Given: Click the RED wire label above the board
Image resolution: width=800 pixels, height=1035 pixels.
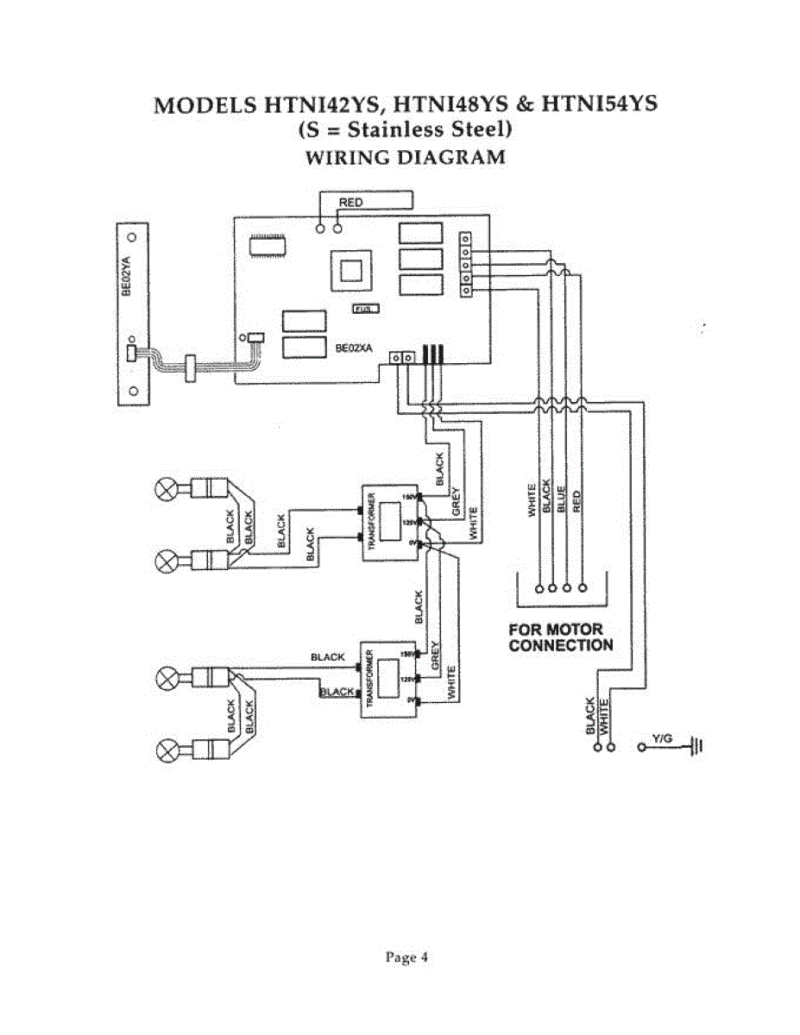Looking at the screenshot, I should click(x=350, y=202).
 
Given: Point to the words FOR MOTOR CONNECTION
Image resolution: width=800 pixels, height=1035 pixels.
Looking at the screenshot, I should click(x=560, y=637).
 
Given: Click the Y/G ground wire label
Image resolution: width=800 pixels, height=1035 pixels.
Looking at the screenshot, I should click(x=662, y=738).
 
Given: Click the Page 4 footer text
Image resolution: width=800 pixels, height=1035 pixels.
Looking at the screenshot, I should click(x=406, y=957).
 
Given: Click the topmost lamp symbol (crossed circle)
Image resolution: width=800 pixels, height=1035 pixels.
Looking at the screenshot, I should click(x=166, y=489).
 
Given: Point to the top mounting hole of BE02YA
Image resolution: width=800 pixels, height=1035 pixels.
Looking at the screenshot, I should click(x=132, y=235).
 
